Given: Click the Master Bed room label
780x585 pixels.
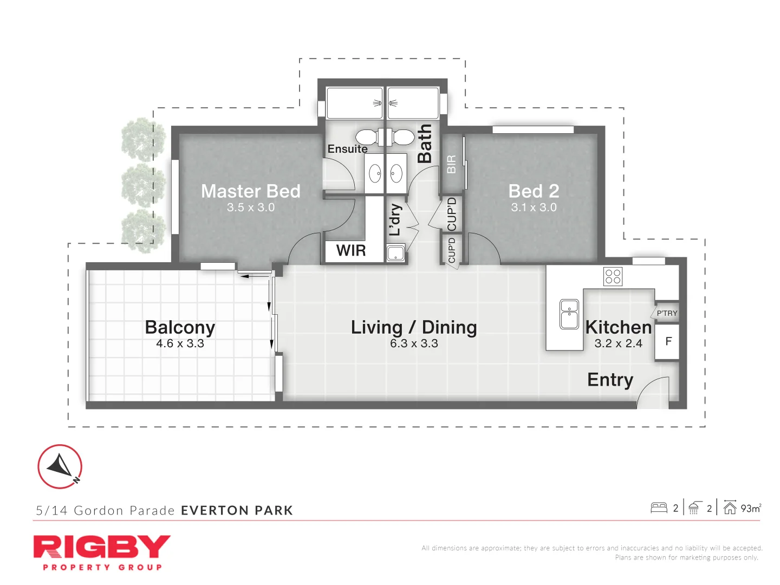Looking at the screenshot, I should pos(250,191).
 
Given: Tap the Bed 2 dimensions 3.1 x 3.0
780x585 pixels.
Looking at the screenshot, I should pos(534,207).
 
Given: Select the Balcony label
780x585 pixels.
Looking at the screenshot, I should pos(180,328).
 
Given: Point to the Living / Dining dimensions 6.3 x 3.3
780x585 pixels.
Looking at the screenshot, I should pos(414,343).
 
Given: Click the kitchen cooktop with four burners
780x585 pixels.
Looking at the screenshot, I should pos(613,276).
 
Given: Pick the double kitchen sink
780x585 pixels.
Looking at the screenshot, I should pos(569,314).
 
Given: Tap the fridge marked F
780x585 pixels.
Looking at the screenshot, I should pos(668,341).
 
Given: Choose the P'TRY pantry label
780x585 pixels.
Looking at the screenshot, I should pos(667,313).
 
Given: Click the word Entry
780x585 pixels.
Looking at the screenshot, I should pos(610,380).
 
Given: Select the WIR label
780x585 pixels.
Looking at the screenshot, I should pos(351,250).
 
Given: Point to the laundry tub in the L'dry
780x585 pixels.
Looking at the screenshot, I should pos(396,252).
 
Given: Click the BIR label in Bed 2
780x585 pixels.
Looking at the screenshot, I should pos(451,164).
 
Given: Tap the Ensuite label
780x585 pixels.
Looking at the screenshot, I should pos(347,149).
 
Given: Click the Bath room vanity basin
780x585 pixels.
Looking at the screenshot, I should pos(396,174).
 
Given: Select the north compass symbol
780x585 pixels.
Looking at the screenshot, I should pos(60,466).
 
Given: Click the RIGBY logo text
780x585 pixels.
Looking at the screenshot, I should pos(102,547).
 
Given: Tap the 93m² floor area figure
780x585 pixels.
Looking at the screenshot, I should pos(751,508).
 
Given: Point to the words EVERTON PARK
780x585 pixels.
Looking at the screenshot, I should pos(237,510).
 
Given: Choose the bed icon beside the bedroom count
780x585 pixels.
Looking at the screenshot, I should pos(659,508).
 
